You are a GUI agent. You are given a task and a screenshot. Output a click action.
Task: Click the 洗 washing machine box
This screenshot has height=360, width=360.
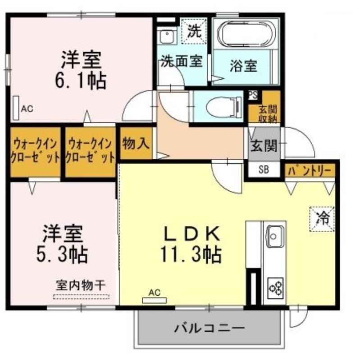[x=194, y=31]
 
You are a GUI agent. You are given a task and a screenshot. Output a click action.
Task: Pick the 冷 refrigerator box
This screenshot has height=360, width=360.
[x=322, y=219]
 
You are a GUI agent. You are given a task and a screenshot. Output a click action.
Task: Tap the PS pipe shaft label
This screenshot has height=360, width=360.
[x=253, y=95]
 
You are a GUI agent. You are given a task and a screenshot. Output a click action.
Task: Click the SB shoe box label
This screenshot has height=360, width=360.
[x=264, y=170]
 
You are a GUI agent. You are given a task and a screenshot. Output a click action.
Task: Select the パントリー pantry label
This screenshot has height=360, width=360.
[x=310, y=171]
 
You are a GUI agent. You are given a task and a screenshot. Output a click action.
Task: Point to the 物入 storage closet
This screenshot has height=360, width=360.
[x=136, y=144]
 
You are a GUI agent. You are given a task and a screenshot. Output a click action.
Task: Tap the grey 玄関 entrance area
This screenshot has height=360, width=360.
[x=264, y=144]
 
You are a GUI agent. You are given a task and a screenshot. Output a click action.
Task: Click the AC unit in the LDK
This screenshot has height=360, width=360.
[x=155, y=300]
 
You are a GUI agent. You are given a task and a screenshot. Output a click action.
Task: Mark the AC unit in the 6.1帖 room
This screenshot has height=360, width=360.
[x=16, y=108]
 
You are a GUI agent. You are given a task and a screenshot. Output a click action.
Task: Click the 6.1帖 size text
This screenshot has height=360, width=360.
[x=81, y=81]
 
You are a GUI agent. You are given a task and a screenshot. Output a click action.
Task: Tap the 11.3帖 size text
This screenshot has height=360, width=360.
[x=191, y=254]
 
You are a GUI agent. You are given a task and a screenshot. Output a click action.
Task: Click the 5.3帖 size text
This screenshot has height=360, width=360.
[x=62, y=255]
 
